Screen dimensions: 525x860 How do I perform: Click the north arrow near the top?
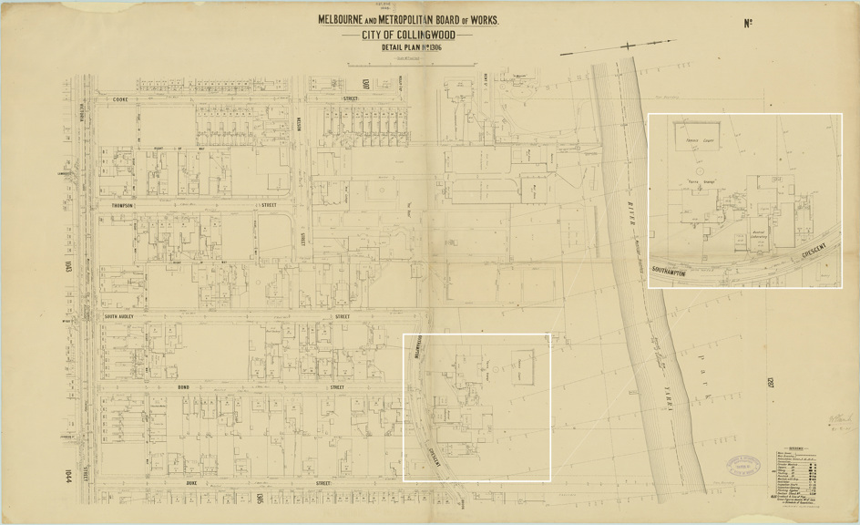pyautogui.click(x=629, y=46)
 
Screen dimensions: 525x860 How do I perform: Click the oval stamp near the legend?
pyautogui.click(x=744, y=467)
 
